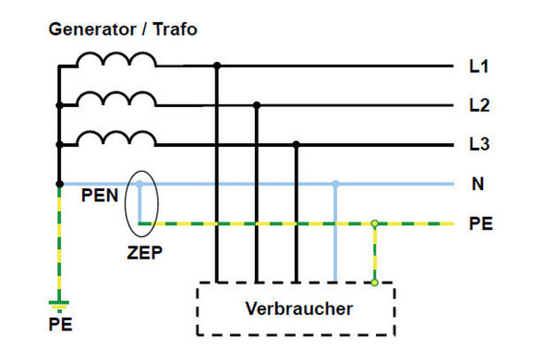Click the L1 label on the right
[x=478, y=67]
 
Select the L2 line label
[x=478, y=106]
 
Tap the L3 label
[x=478, y=145]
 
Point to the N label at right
[x=478, y=185]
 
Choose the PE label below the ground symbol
[x=60, y=325]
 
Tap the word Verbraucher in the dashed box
[x=298, y=308]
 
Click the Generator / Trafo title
[x=123, y=30]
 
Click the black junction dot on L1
[x=217, y=66]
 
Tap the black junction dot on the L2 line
[x=257, y=106]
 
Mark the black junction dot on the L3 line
[x=296, y=145]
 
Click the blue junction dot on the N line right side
[x=335, y=185]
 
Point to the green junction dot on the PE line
[x=374, y=223]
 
